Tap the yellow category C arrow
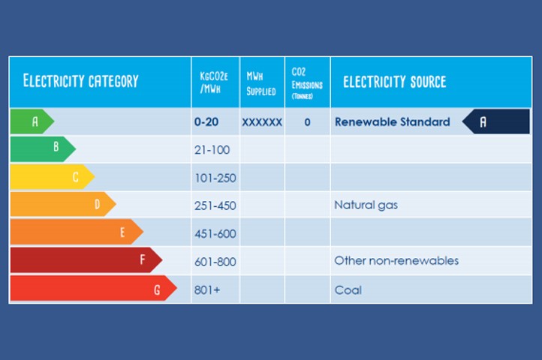pyautogui.click(x=52, y=177)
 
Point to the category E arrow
pyautogui.click(x=76, y=232)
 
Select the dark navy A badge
pyautogui.click(x=495, y=121)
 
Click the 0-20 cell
pyautogui.click(x=206, y=121)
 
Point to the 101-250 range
pyautogui.click(x=214, y=177)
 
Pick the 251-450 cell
pyautogui.click(x=215, y=205)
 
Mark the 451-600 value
pyautogui.click(x=215, y=233)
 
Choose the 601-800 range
pyautogui.click(x=215, y=261)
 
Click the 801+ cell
pyautogui.click(x=206, y=289)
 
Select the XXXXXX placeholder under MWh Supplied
pyautogui.click(x=262, y=121)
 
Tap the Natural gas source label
pyautogui.click(x=366, y=205)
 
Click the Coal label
pyautogui.click(x=348, y=289)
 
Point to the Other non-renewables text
pyautogui.click(x=396, y=261)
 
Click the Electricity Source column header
pyautogui.click(x=395, y=82)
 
